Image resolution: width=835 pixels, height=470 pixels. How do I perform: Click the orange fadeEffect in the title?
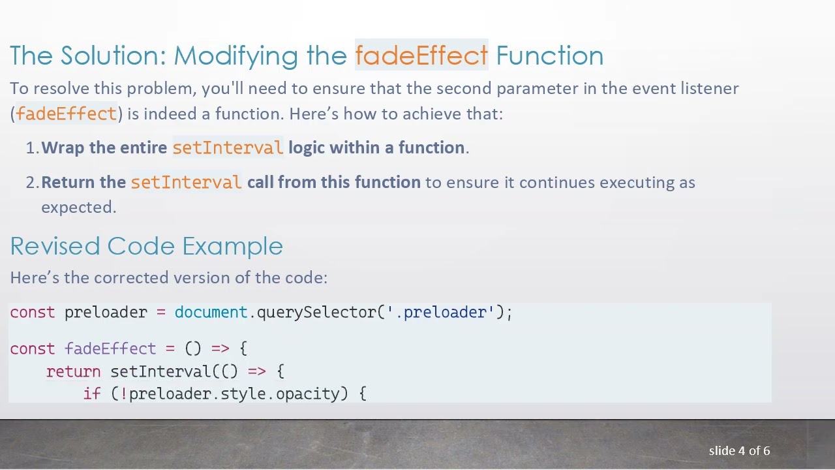pos(421,55)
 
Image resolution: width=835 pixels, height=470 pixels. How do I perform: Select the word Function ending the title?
pos(549,55)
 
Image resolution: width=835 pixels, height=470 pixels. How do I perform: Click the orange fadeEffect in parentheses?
pos(66,114)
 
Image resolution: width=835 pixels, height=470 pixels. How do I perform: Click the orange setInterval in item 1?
pos(228,148)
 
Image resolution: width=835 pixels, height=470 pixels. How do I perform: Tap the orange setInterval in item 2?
pos(186,183)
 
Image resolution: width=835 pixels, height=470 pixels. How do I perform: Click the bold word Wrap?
pos(63,148)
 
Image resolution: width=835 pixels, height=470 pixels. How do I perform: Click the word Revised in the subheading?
pos(55,246)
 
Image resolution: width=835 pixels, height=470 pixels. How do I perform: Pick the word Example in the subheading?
pos(232,247)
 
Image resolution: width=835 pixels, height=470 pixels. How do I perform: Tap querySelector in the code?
pos(316,312)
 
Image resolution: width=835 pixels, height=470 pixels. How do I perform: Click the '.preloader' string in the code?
pos(441,312)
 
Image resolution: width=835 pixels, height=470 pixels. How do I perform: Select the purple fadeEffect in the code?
pos(110,349)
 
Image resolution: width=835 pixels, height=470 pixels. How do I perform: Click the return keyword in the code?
pos(73,371)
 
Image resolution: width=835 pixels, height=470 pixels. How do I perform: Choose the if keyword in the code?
pos(92,394)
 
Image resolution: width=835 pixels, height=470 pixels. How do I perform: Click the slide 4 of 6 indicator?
pos(739,451)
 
